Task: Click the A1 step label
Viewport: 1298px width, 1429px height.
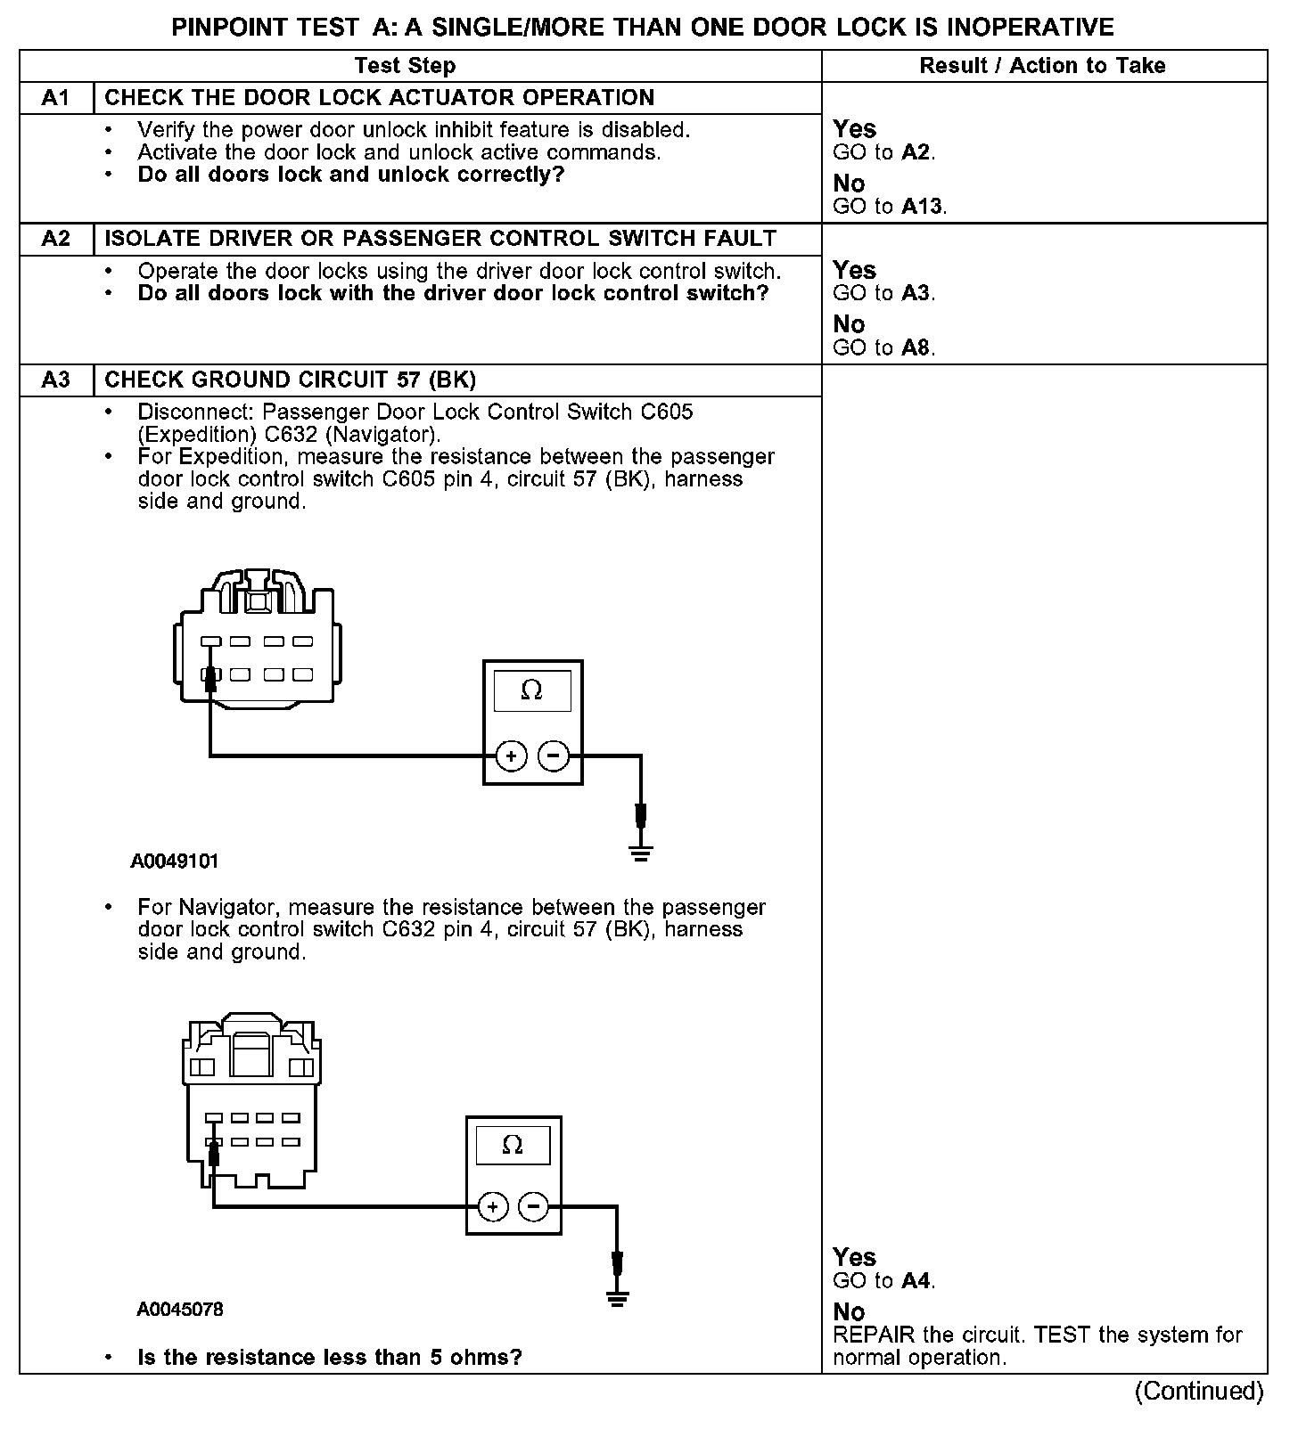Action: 55,98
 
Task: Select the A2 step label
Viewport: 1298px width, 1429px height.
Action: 55,239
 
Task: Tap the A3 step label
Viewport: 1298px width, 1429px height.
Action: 55,380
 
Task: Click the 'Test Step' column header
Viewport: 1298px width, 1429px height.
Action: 405,66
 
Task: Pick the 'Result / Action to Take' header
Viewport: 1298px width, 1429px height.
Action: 1042,66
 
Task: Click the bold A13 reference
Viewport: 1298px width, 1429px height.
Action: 922,207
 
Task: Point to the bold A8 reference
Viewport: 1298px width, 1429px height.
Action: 916,348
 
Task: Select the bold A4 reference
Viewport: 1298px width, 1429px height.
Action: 916,1281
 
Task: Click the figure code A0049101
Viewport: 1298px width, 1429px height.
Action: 175,861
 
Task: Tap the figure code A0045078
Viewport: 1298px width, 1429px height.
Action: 180,1310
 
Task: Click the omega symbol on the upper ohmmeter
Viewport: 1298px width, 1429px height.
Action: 532,690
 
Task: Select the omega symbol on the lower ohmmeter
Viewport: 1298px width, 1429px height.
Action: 513,1145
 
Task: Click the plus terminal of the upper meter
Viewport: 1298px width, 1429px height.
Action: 512,756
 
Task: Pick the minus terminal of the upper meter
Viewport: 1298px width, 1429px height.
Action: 554,756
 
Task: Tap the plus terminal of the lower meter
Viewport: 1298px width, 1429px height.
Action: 492,1208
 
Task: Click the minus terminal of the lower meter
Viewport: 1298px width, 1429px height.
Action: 533,1208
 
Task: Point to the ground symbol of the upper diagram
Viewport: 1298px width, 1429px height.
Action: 640,853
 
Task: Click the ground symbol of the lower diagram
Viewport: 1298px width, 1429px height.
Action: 617,1297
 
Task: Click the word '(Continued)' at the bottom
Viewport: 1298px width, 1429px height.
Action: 1198,1392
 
